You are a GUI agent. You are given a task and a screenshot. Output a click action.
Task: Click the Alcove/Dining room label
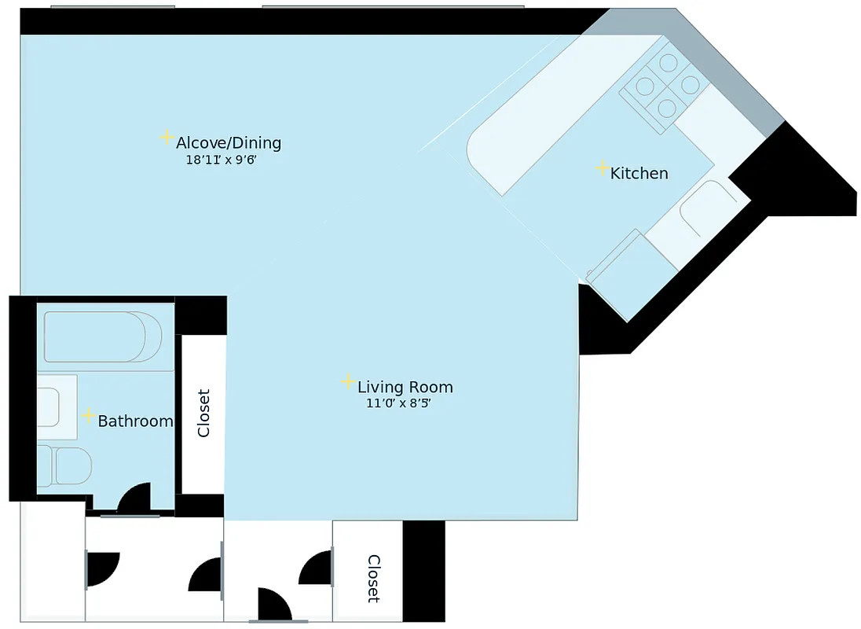(228, 143)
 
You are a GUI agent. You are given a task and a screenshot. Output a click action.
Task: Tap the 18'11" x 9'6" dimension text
(222, 160)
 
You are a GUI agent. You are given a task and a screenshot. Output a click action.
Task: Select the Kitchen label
(639, 173)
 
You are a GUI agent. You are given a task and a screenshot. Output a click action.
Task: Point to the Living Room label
(405, 387)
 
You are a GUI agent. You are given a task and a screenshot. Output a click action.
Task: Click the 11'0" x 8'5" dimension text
(399, 403)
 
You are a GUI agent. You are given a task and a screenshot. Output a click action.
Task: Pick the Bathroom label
(135, 421)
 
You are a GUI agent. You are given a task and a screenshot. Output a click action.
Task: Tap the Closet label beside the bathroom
(203, 413)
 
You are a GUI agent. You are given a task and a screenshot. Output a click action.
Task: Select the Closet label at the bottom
(374, 579)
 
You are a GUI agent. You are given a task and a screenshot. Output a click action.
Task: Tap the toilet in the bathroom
(66, 465)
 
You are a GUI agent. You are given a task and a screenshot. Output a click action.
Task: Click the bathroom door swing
(135, 498)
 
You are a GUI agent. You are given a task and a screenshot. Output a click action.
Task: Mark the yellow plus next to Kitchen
(602, 167)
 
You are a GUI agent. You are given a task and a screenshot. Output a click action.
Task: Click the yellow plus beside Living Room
(348, 382)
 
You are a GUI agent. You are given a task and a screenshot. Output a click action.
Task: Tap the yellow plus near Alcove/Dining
(167, 138)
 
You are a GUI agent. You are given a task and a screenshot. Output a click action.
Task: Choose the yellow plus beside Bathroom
(90, 415)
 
